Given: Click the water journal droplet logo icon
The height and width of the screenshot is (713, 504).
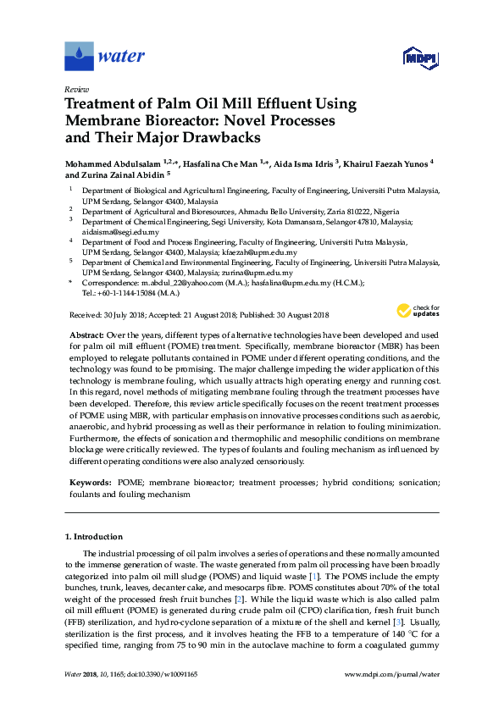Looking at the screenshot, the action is tap(79, 57).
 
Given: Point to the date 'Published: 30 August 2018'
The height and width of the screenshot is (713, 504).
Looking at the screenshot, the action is tap(283, 314).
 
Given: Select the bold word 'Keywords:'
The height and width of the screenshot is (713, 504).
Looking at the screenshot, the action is tap(91, 481).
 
